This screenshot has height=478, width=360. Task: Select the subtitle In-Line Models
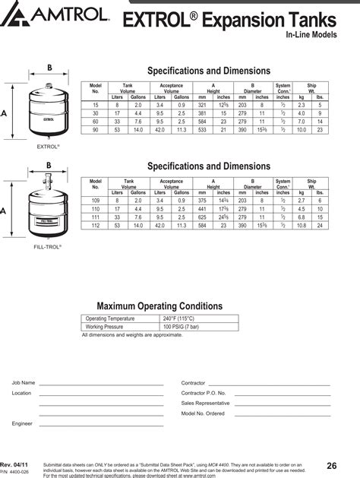click(314, 35)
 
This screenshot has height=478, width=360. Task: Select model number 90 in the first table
click(95, 130)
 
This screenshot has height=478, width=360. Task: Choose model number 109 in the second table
click(96, 201)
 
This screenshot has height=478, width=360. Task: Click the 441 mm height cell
click(202, 209)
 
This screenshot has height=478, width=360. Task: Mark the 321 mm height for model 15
click(202, 105)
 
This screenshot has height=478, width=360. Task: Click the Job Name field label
click(24, 383)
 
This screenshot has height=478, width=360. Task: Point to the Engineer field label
click(22, 423)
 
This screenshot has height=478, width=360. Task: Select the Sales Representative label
click(205, 403)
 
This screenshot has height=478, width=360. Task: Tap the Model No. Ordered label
click(203, 413)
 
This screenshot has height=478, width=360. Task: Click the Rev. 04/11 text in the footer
click(16, 464)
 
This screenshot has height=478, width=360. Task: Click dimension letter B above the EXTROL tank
click(49, 68)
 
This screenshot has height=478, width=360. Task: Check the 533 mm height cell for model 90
click(202, 130)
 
